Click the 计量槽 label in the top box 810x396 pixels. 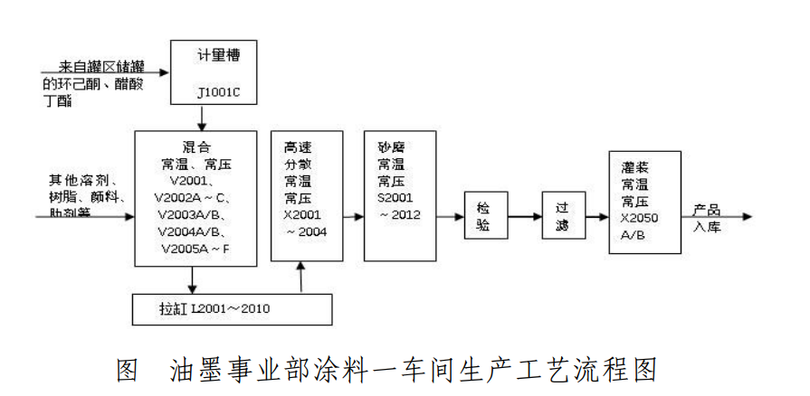[218, 56]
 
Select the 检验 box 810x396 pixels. [484, 217]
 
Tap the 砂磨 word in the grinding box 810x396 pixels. [390, 146]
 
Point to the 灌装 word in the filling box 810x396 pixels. [634, 167]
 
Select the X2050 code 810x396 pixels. [642, 218]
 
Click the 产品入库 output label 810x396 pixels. [707, 217]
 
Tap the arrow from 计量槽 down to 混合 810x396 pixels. [202, 118]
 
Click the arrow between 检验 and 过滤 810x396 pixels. [524, 217]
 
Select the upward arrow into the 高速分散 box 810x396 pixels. [300, 278]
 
